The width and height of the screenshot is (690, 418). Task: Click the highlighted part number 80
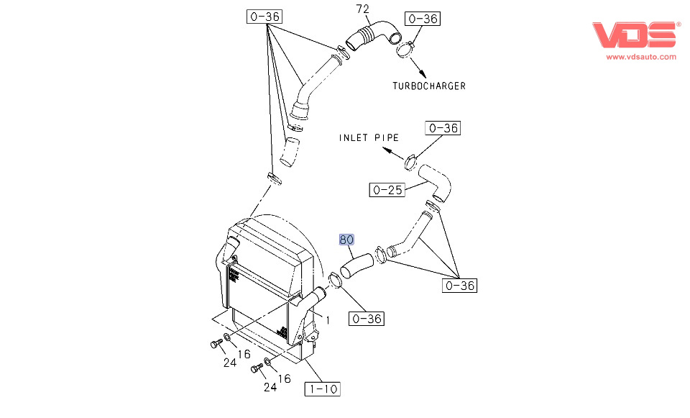pos(347,240)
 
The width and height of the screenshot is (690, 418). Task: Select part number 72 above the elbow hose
pos(363,9)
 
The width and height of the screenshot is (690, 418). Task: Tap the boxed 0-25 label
pos(385,190)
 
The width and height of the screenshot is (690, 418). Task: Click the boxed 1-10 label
pos(322,389)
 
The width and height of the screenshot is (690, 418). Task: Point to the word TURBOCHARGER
pos(428,86)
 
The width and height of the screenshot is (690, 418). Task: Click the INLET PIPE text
pos(369,137)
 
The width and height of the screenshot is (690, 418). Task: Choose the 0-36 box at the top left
pos(264,17)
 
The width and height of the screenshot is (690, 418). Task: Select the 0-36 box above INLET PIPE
pos(443,128)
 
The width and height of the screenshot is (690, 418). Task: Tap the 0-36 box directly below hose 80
pos(367,318)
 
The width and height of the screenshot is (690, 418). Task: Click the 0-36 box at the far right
pos(459,286)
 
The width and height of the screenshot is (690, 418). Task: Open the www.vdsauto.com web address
pos(640,57)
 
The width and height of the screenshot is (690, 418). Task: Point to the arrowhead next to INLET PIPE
pos(387,151)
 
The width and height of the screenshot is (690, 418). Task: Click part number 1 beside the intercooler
pos(328,321)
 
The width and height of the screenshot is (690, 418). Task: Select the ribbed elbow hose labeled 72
pos(373,35)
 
